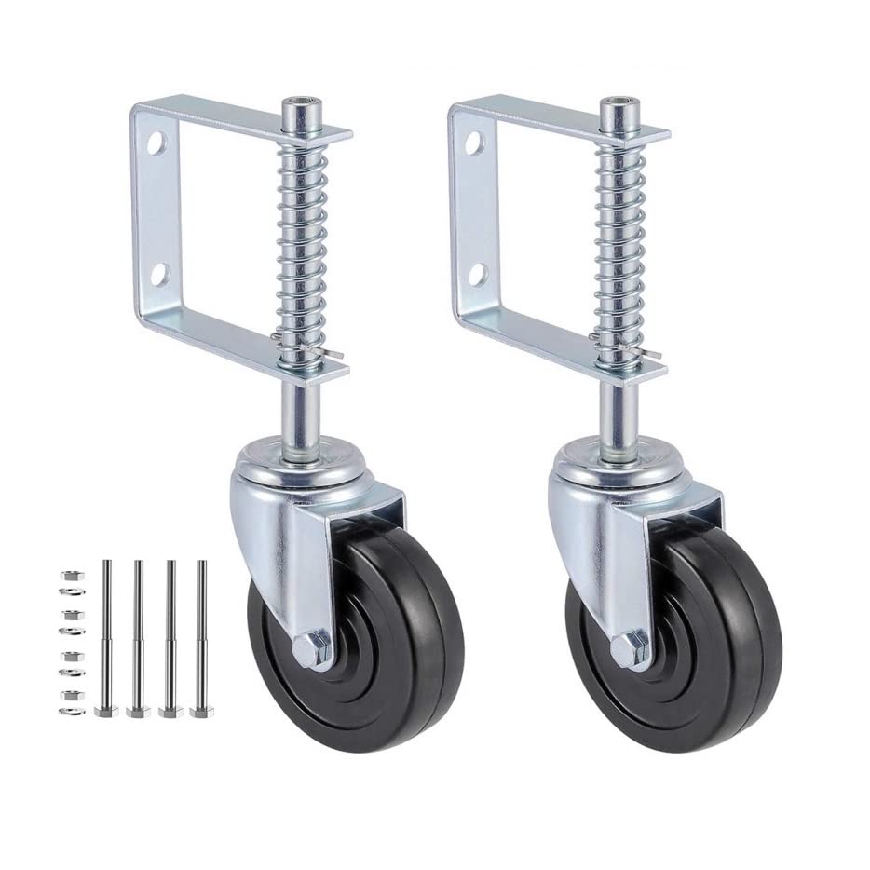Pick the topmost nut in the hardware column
66,574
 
